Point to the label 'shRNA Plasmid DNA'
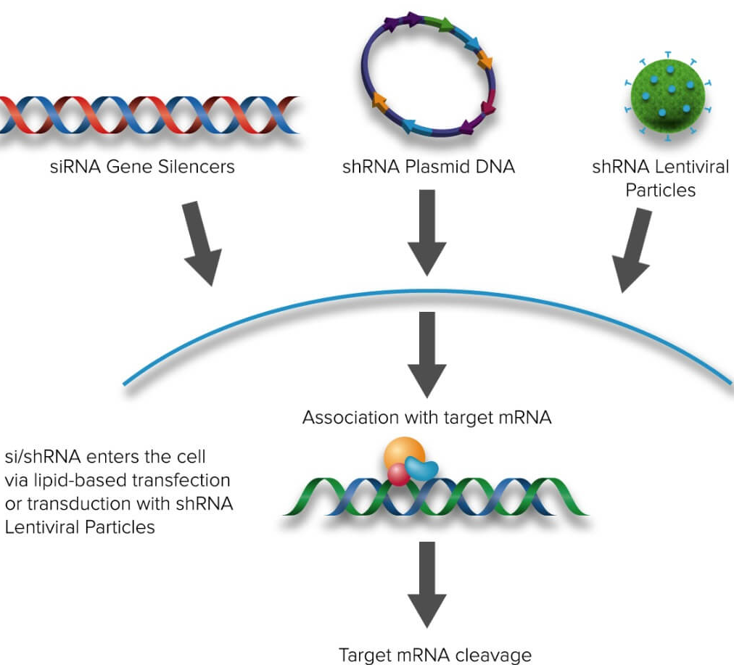tap(428, 167)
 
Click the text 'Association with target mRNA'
tap(426, 418)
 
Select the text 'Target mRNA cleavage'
tap(435, 655)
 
